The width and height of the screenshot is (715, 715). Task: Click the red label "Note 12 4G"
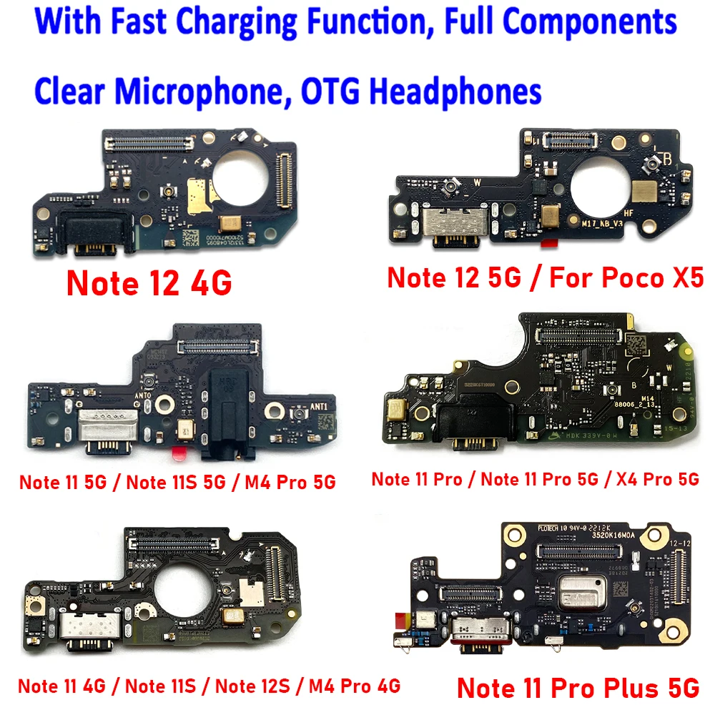tap(149, 283)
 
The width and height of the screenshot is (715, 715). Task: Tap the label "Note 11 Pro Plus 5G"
tap(577, 688)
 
